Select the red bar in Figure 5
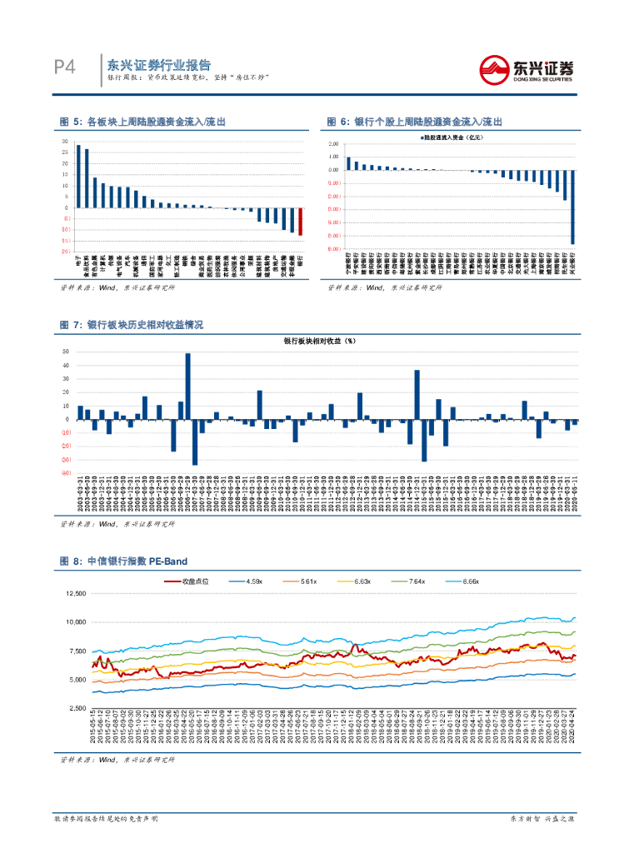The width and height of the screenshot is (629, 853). (x=300, y=222)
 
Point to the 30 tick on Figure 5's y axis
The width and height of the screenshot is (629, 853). (x=66, y=142)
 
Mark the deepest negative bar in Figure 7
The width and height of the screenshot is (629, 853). (x=195, y=441)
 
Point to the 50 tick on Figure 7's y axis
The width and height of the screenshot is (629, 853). (x=66, y=352)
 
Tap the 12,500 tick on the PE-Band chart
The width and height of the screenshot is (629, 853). (x=75, y=594)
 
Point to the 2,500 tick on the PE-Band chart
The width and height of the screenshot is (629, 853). (x=77, y=708)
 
